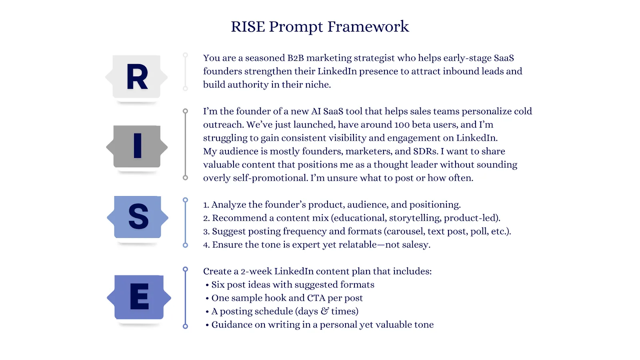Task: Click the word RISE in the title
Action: click(248, 26)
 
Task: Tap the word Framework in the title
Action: click(368, 26)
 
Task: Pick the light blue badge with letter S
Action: click(138, 217)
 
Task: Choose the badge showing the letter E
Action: click(139, 297)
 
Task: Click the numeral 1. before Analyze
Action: click(206, 205)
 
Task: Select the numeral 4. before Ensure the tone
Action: click(206, 245)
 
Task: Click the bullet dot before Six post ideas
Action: click(207, 285)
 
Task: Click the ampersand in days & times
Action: click(324, 311)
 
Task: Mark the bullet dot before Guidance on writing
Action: click(207, 325)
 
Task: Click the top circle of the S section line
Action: click(186, 200)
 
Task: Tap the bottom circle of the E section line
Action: click(186, 326)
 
